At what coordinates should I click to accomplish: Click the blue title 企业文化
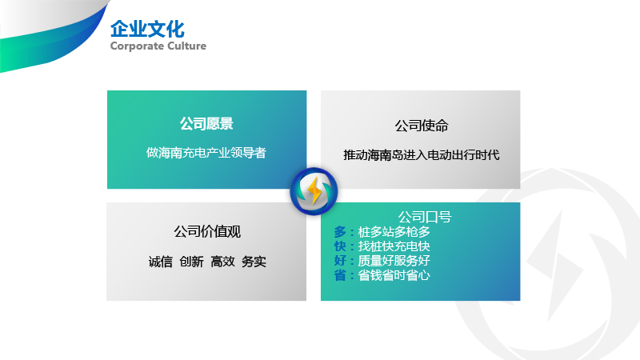(x=147, y=30)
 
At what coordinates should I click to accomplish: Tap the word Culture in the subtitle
(x=187, y=46)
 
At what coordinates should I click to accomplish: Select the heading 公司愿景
(x=206, y=123)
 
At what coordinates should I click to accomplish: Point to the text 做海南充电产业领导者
(x=206, y=153)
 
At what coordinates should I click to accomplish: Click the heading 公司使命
(x=422, y=126)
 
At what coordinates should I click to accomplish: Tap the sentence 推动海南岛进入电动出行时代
(x=422, y=155)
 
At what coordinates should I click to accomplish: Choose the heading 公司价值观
(x=207, y=231)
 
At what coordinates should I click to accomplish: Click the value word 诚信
(x=161, y=262)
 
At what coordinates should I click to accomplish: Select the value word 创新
(x=191, y=262)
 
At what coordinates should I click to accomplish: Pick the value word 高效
(x=222, y=262)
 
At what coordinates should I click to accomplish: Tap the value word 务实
(x=254, y=262)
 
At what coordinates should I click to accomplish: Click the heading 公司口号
(x=425, y=217)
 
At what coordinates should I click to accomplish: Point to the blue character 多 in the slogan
(x=340, y=232)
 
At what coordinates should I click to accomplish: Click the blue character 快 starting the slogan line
(x=340, y=246)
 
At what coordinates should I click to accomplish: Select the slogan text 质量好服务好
(x=394, y=261)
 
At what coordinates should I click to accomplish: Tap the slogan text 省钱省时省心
(x=394, y=275)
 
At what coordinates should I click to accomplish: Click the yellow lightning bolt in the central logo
(x=314, y=190)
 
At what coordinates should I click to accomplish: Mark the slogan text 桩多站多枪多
(x=394, y=232)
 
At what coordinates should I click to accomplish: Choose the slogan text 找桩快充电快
(x=394, y=246)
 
